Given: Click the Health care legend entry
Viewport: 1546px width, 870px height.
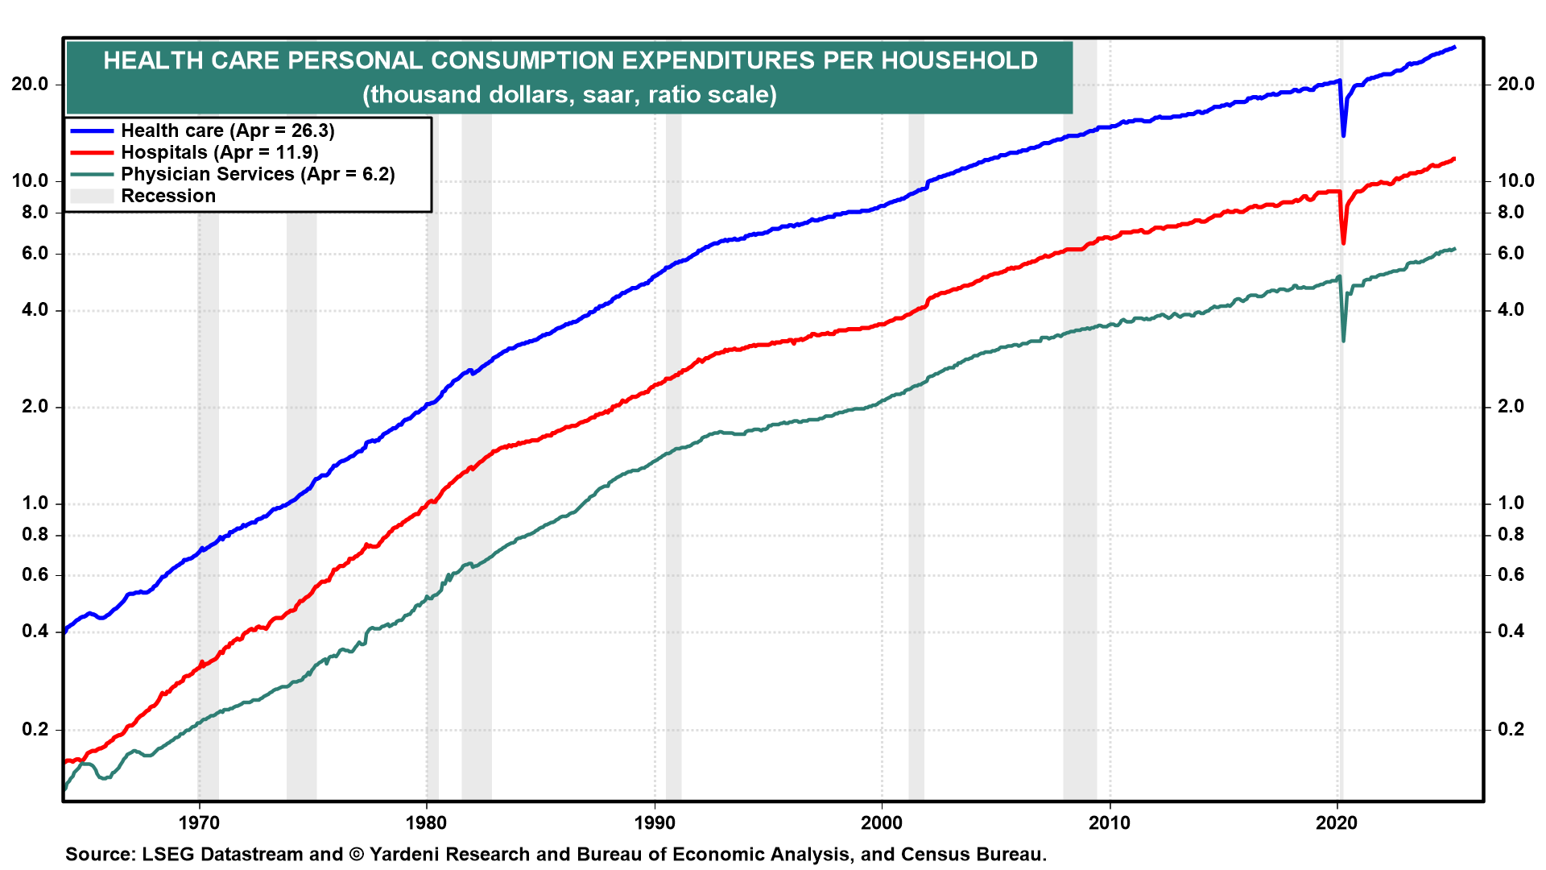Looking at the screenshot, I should (x=227, y=130).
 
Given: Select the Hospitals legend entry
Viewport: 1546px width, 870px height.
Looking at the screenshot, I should (x=219, y=152).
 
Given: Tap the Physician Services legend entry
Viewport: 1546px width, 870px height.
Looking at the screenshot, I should (x=258, y=174).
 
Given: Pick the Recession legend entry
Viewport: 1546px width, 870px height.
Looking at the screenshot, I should (x=168, y=196).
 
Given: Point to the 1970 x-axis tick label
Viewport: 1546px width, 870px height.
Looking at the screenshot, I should (x=198, y=822).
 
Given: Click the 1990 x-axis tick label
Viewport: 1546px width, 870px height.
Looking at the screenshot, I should (x=655, y=822).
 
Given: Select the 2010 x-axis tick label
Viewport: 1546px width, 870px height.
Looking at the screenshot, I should (x=1110, y=822).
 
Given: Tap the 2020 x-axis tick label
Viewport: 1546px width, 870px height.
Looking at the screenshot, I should (x=1337, y=822).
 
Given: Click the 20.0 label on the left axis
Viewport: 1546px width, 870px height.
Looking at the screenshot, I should (x=29, y=84).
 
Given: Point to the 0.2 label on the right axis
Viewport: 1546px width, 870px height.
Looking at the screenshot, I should (x=1511, y=729).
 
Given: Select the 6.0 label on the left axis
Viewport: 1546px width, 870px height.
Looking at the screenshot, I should (x=34, y=253).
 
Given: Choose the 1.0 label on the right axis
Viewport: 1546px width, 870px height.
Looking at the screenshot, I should (x=1511, y=503).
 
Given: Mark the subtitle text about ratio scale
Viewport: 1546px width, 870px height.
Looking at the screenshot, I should (x=569, y=94).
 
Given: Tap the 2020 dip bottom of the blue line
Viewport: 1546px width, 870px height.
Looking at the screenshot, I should (x=1343, y=135).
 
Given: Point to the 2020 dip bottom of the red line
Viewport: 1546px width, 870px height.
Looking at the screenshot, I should (x=1343, y=242).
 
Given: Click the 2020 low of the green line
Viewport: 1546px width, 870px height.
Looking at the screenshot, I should (x=1343, y=341).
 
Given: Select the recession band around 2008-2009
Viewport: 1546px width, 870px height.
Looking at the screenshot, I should (x=1080, y=483).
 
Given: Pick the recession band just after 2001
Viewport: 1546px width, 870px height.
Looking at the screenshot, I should (x=916, y=483).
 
